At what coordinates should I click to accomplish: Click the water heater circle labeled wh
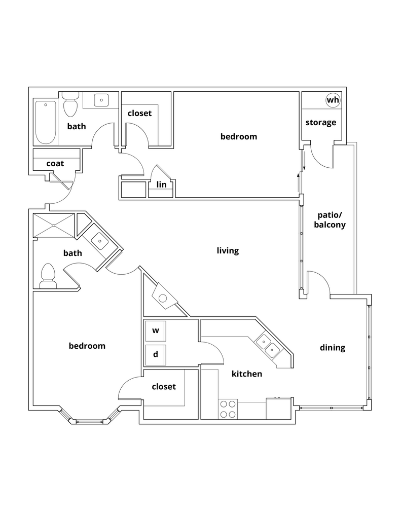(x=333, y=100)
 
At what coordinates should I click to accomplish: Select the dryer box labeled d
(x=156, y=354)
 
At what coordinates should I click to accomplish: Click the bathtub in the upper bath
(x=46, y=122)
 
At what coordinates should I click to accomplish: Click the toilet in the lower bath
(x=48, y=276)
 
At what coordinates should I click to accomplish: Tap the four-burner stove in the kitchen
(x=228, y=409)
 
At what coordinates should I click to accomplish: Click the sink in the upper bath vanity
(x=101, y=100)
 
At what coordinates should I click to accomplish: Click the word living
(x=228, y=251)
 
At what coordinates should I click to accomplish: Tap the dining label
(x=333, y=348)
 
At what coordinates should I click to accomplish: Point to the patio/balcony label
(x=330, y=219)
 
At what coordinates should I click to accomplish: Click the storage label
(x=320, y=123)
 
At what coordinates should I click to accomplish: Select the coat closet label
(x=55, y=164)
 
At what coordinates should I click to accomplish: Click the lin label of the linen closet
(x=161, y=185)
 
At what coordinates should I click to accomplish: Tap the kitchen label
(x=247, y=374)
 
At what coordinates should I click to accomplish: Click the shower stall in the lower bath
(x=53, y=225)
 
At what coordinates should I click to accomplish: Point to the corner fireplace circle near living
(x=163, y=298)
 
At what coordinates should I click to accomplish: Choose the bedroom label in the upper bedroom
(x=239, y=136)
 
